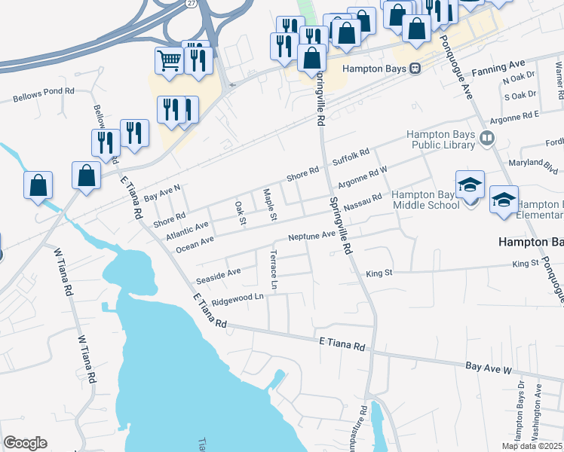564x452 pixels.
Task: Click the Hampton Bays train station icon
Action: coord(415,68)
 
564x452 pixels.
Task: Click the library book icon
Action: coord(487,139)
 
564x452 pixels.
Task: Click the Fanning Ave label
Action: coord(497,67)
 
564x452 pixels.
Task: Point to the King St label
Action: coord(379,273)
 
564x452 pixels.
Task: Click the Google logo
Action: coord(25,443)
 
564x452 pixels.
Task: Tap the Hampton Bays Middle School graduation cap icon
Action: coord(470,185)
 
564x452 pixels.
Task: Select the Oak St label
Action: coord(241,212)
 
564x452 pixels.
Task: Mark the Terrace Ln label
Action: coord(274,270)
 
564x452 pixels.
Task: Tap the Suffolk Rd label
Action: coord(351,157)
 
